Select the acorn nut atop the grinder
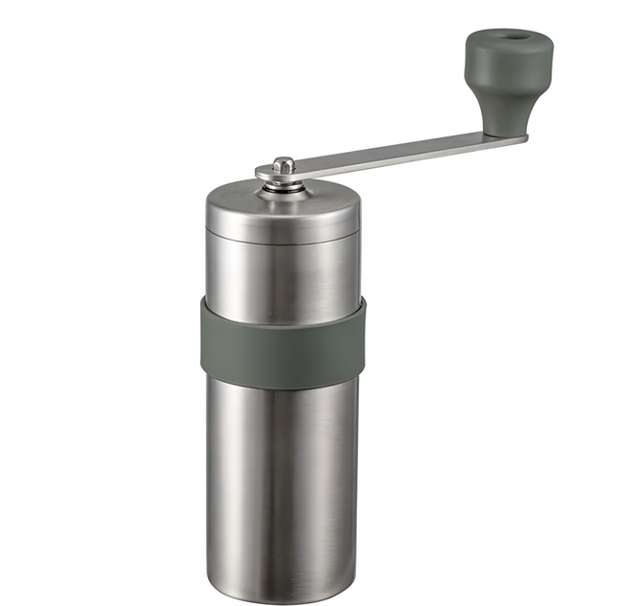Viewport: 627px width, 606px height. (283, 166)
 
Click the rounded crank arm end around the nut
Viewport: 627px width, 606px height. (267, 174)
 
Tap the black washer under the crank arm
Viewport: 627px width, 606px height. (284, 182)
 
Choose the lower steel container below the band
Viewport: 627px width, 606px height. (282, 477)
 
